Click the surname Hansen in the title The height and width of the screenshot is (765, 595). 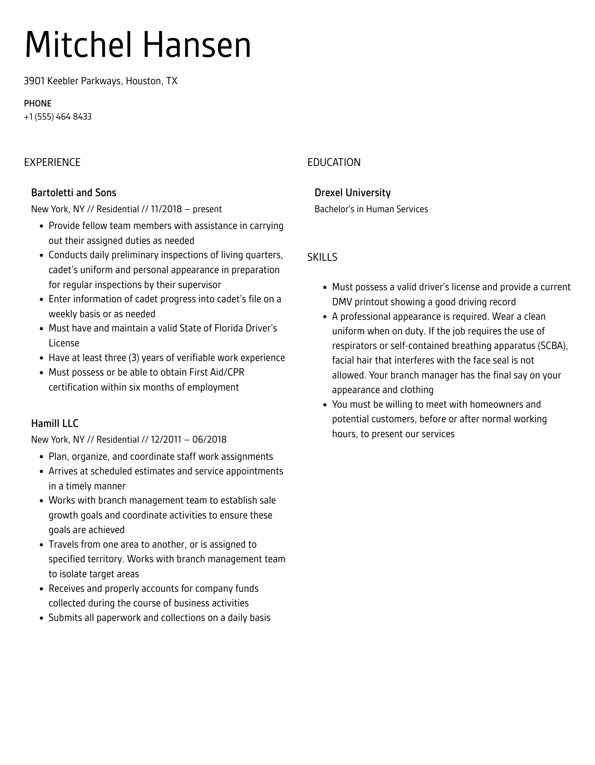coord(197,45)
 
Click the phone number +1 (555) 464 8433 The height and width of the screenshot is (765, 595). coord(58,117)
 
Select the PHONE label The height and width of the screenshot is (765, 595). coord(38,104)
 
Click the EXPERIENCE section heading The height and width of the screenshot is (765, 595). coord(52,162)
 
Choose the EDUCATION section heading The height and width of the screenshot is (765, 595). coord(334,162)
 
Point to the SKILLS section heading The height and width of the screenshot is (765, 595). coord(322,257)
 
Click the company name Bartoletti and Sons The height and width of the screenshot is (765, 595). coord(74,193)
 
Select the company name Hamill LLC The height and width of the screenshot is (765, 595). coord(55,423)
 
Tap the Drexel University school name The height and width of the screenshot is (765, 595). coord(352,193)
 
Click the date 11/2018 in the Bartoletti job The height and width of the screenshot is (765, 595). coord(166,209)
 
